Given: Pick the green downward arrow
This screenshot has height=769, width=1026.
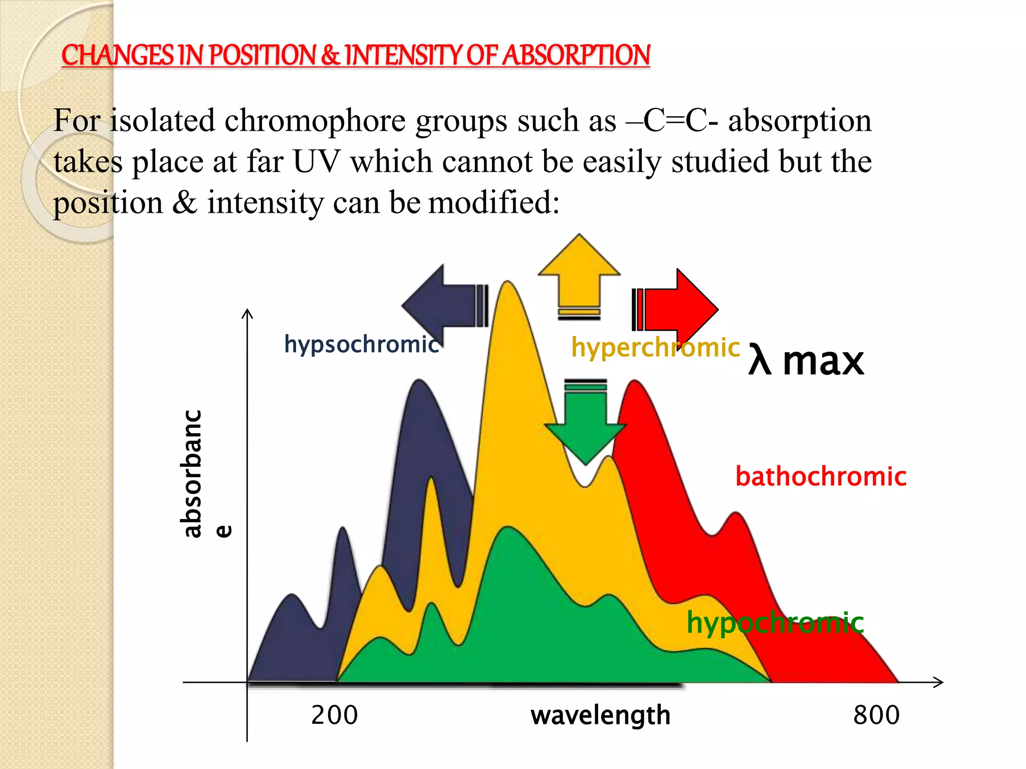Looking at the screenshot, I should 585,426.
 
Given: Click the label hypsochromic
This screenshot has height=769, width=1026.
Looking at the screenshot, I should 361,344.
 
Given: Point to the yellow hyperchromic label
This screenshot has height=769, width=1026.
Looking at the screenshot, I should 655,347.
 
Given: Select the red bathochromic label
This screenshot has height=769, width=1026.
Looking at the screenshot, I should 821,477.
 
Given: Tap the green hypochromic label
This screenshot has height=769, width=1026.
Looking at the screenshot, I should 775,623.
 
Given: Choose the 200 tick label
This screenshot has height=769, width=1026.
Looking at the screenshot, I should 334,715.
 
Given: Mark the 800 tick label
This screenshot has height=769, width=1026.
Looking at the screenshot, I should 876,715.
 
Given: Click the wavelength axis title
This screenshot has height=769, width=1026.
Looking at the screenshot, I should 600,715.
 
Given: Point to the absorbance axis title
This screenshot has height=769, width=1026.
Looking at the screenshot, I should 200,474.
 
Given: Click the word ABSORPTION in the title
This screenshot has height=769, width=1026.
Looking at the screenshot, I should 576,55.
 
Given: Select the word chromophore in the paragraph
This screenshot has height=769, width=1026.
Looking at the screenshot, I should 315,121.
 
